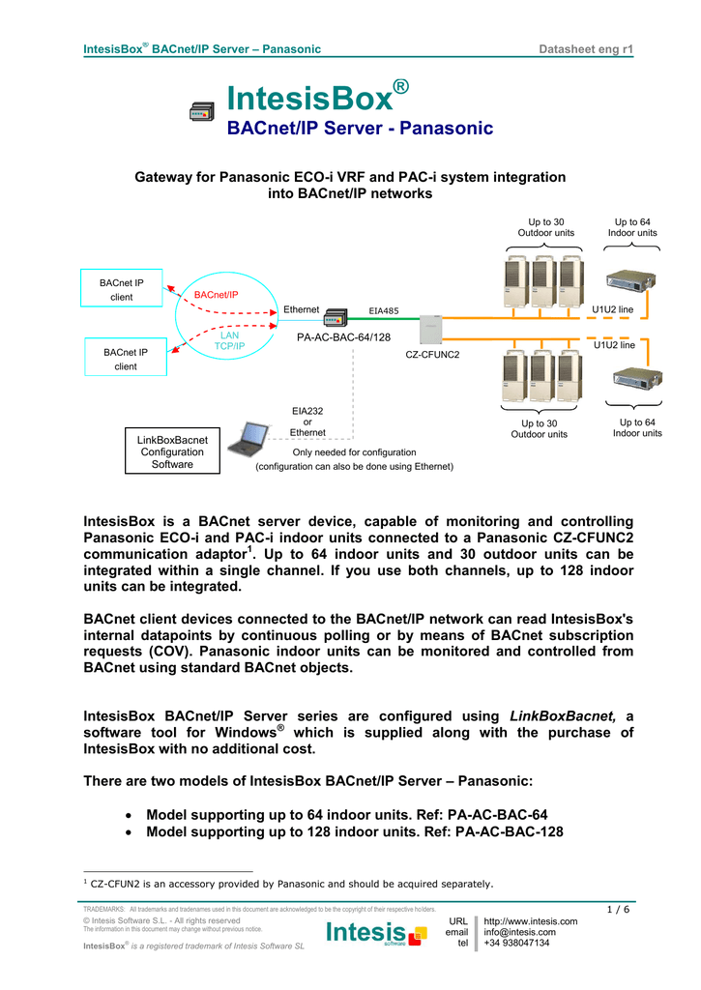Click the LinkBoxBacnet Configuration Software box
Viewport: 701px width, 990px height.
coord(172,451)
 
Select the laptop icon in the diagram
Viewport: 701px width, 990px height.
coord(259,440)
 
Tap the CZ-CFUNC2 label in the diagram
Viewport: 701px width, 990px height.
coord(432,355)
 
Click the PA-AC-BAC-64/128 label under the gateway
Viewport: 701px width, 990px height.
coord(343,337)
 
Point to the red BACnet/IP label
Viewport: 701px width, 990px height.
coord(216,294)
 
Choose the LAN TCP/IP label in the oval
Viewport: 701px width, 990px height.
coord(229,339)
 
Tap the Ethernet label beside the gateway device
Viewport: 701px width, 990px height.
coord(301,309)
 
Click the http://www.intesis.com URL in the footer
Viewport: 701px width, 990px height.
coord(530,921)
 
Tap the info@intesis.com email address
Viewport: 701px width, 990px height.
coord(519,932)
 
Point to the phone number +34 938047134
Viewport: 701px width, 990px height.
coord(516,943)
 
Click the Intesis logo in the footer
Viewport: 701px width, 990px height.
coord(376,933)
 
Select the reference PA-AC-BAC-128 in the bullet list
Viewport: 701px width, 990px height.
coord(509,831)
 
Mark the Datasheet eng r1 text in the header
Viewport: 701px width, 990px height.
coord(586,49)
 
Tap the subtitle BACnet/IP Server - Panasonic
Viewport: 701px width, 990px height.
coord(360,129)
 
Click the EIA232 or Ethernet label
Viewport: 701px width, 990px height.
coord(307,422)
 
